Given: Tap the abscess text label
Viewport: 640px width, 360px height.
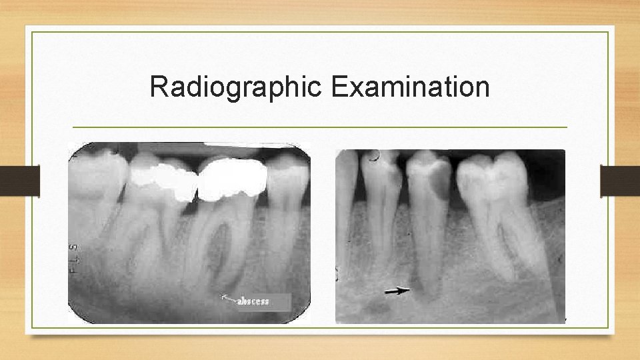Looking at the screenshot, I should coord(254,301).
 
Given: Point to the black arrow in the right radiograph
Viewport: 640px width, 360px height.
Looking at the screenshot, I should coord(397,290).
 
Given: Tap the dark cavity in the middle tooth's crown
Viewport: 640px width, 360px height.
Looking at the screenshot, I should coord(438,180).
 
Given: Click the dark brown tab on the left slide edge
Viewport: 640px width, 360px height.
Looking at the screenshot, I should coord(19,181).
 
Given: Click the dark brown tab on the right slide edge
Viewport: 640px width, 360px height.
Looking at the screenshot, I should coord(620,181).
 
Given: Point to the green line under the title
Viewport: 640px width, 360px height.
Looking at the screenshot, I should coord(319,127).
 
